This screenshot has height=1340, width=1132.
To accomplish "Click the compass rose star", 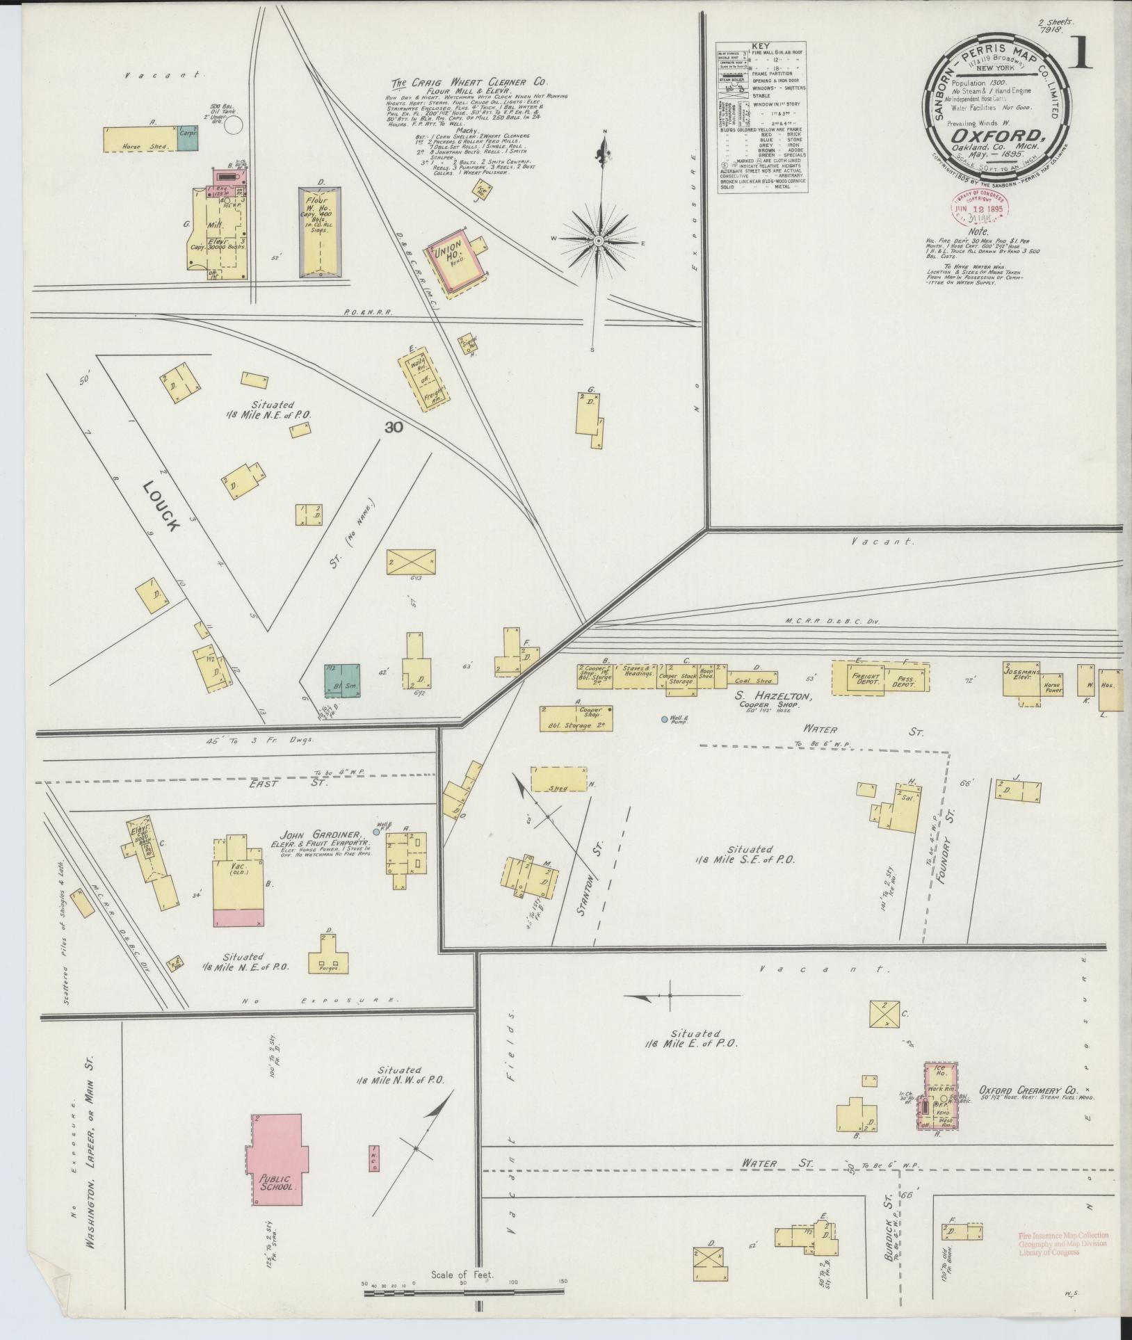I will tap(597, 241).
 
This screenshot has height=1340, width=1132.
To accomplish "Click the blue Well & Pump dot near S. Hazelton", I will tap(664, 719).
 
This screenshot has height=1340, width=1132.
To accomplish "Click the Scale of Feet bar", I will tap(463, 1291).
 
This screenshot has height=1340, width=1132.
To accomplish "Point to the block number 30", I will tap(394, 428).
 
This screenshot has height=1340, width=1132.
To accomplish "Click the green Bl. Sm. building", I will tap(342, 681).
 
